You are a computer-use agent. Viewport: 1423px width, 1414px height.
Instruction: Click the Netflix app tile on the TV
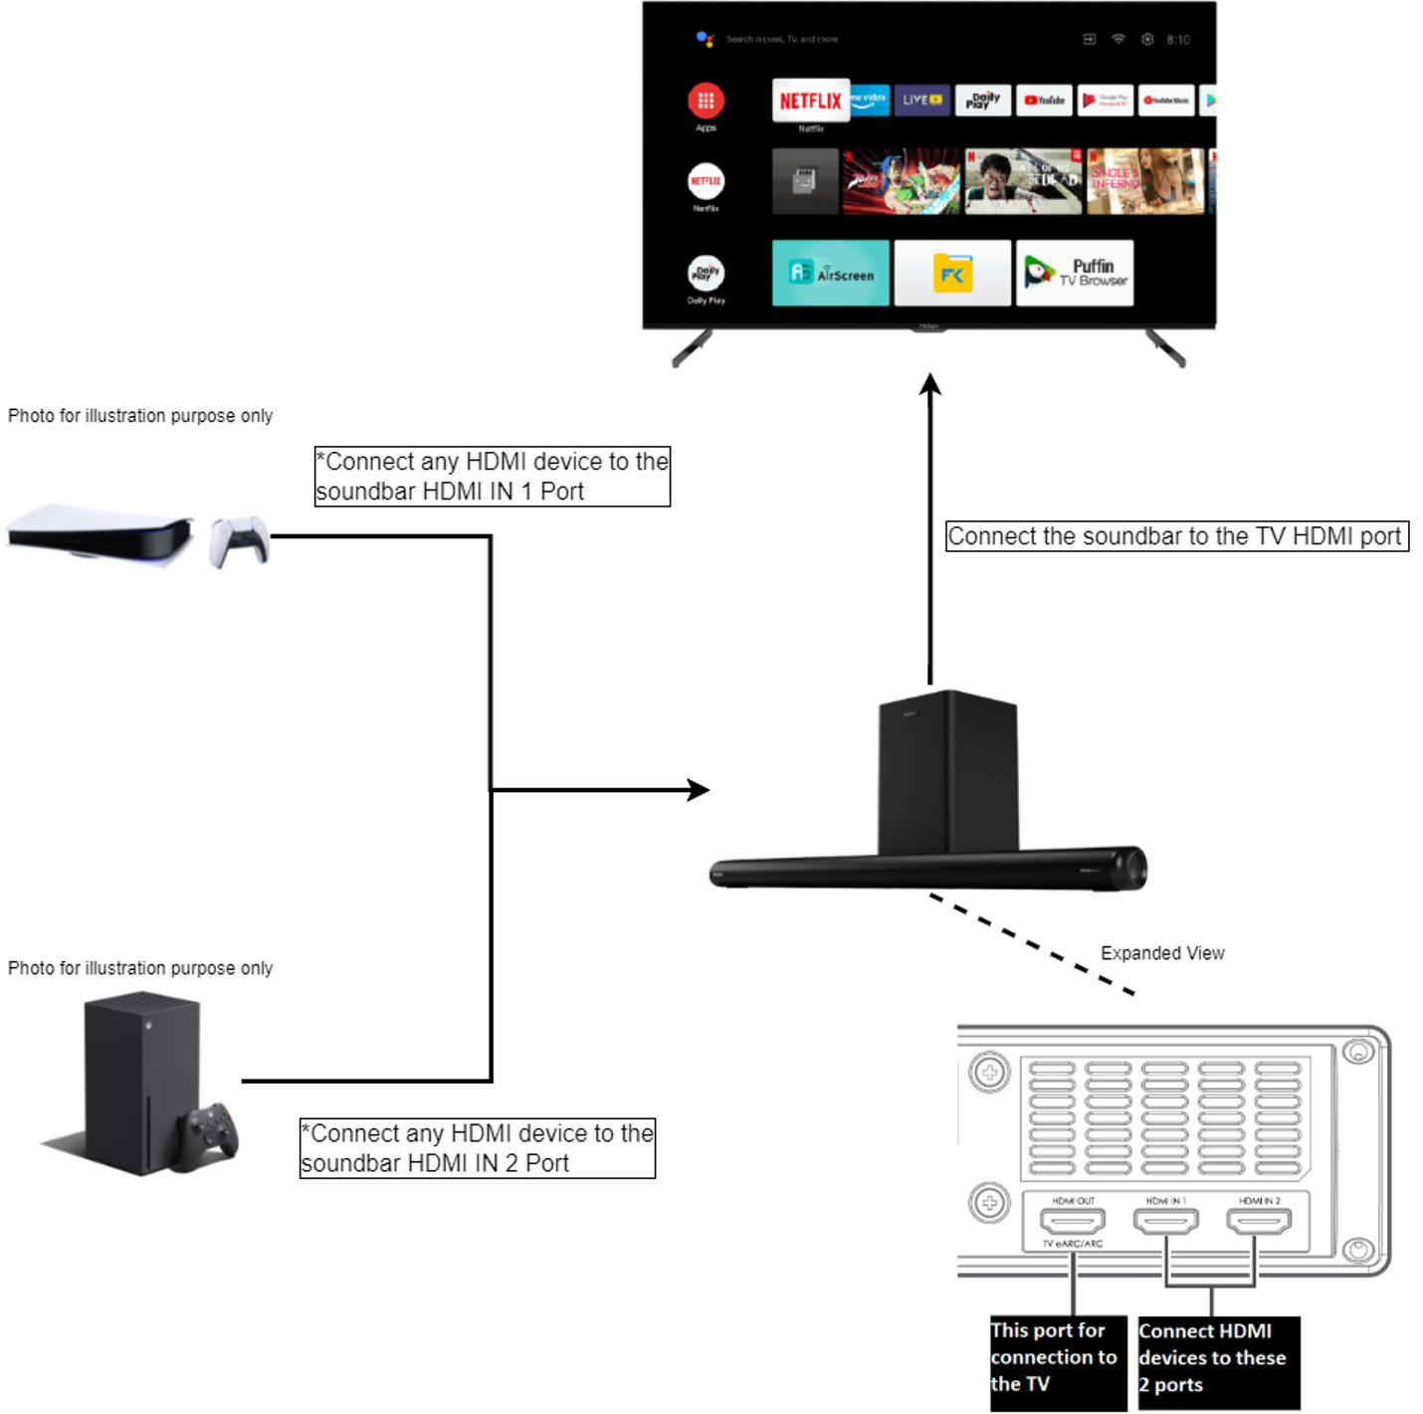pyautogui.click(x=810, y=101)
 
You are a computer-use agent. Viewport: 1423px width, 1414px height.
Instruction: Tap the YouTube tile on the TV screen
pyautogui.click(x=1044, y=101)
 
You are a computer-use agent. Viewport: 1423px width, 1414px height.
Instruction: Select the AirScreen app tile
pyautogui.click(x=830, y=273)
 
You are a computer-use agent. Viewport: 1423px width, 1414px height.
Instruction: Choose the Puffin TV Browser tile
pyautogui.click(x=1074, y=273)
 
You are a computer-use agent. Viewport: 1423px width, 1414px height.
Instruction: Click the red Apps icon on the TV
pyautogui.click(x=706, y=101)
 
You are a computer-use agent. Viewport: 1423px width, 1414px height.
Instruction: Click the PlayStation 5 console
pyautogui.click(x=100, y=534)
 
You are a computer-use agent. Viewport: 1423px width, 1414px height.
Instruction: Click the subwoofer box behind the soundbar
pyautogui.click(x=946, y=771)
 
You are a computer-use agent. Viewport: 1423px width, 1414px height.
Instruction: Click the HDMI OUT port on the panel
pyautogui.click(x=1072, y=1220)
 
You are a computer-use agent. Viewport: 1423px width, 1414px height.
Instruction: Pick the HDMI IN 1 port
pyautogui.click(x=1165, y=1220)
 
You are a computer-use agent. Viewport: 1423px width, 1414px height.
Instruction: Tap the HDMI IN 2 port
pyautogui.click(x=1259, y=1220)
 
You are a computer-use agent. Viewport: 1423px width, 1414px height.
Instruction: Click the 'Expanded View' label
pyautogui.click(x=1161, y=953)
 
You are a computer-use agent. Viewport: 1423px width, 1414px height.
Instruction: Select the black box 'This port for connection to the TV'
pyautogui.click(x=1057, y=1359)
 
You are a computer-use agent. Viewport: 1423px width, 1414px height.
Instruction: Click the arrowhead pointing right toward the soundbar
pyautogui.click(x=699, y=790)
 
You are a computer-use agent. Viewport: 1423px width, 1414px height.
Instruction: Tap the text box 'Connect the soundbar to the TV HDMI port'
pyautogui.click(x=1175, y=536)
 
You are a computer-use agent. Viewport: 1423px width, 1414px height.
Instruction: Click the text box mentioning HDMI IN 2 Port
pyautogui.click(x=477, y=1148)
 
